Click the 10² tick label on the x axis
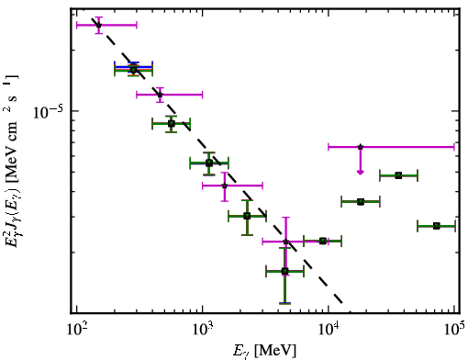[76, 330]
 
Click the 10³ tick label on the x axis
[203, 330]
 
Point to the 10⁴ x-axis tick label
[329, 330]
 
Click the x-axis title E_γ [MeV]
[264, 351]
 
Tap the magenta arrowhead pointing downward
[361, 173]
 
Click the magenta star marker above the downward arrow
[361, 147]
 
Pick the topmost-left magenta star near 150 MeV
[98, 25]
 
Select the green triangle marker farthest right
[437, 226]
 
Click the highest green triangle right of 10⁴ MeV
[398, 175]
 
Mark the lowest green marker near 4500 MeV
[284, 271]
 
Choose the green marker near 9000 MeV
[323, 241]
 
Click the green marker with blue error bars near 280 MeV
[133, 70]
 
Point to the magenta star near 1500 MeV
[225, 186]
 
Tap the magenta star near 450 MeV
[160, 95]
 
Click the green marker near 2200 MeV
[247, 216]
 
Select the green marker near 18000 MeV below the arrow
[361, 202]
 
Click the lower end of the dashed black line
[342, 303]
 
